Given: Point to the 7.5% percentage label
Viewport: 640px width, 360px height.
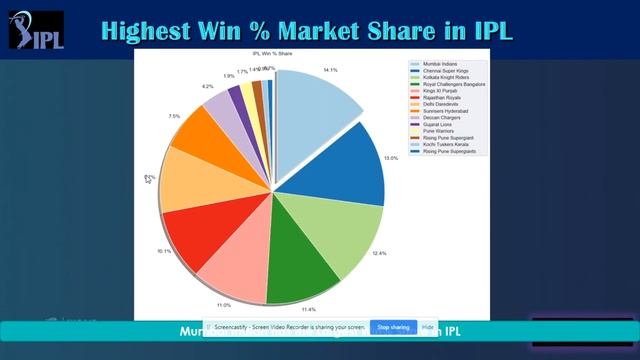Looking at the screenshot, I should tap(175, 116).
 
